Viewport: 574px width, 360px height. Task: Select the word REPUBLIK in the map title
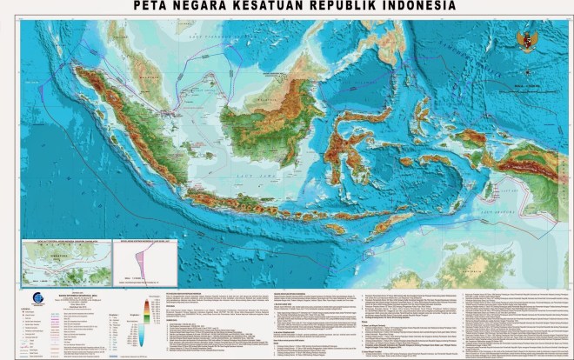(x=335, y=7)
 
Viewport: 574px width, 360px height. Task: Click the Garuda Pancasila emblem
(x=526, y=39)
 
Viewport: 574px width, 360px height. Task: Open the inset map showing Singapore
(x=68, y=262)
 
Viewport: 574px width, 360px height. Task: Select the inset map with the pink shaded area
(x=147, y=262)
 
